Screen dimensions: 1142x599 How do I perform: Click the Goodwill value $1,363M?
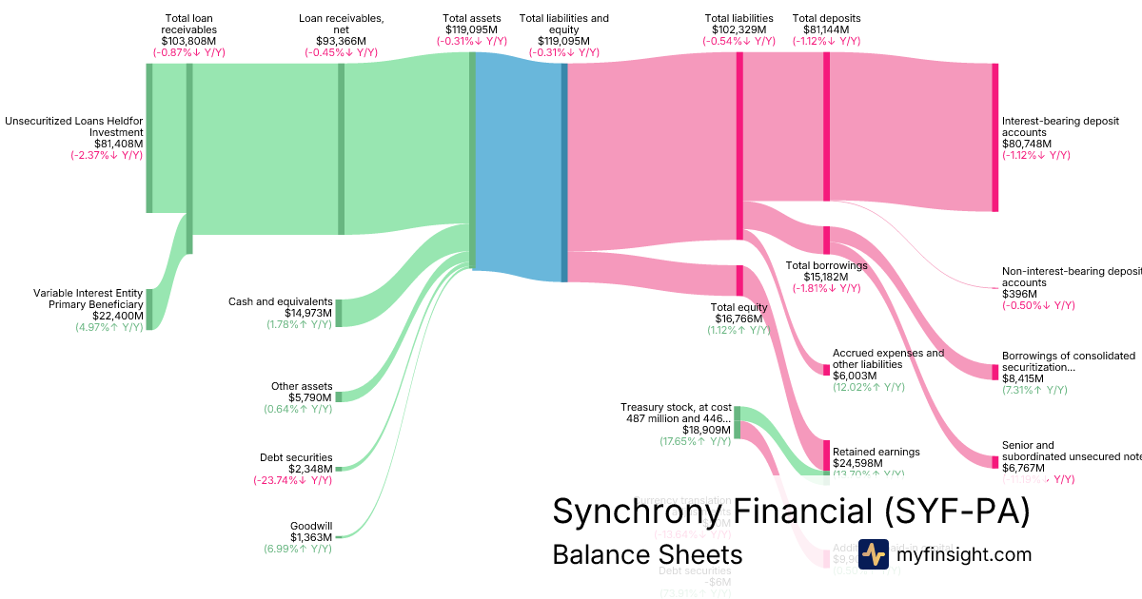(x=311, y=537)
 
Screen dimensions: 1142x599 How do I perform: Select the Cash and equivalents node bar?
(x=338, y=313)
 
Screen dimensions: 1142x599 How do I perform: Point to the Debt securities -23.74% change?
(x=292, y=480)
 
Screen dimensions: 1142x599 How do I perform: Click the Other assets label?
(x=302, y=386)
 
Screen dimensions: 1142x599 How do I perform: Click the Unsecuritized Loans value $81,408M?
(x=118, y=145)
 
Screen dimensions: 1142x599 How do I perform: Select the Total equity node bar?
(x=738, y=280)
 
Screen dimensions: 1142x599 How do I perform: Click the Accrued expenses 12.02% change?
(x=869, y=387)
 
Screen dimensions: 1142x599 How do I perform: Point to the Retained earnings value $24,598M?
(x=858, y=463)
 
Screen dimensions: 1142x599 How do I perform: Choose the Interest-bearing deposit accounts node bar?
(x=995, y=137)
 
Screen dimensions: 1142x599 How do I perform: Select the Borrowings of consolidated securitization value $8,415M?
(x=1023, y=378)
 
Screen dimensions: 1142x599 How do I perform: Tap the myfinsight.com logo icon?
(x=873, y=554)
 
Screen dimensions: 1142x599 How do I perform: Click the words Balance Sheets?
(x=647, y=554)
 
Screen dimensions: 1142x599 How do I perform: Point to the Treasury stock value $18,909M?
(x=707, y=430)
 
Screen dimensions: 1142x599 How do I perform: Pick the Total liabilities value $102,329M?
(x=739, y=29)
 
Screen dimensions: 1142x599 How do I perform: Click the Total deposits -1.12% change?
(x=826, y=41)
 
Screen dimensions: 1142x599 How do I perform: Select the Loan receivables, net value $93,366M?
(x=341, y=41)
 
